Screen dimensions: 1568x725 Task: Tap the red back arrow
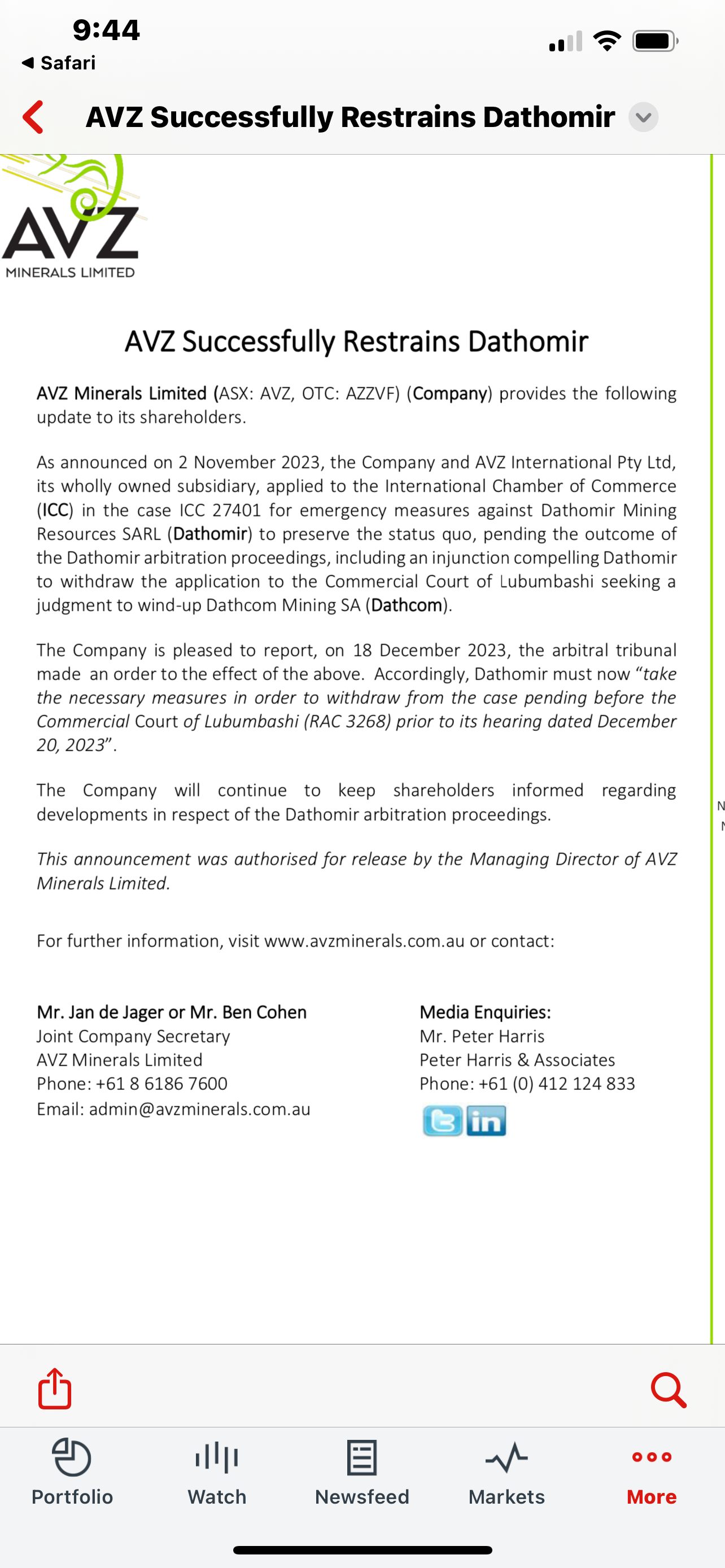point(33,117)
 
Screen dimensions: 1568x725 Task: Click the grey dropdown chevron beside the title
point(643,117)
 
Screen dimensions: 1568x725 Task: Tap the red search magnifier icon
point(669,1390)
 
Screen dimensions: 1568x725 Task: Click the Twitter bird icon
point(442,1120)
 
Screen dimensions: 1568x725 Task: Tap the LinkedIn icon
point(486,1120)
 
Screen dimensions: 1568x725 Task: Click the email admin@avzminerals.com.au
point(200,1109)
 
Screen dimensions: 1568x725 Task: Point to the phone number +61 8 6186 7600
point(161,1084)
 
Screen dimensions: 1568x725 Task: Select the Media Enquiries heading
point(485,1012)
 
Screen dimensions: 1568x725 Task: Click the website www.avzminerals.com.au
point(364,941)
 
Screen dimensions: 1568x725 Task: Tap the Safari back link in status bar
point(60,63)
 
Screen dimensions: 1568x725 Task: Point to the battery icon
point(655,41)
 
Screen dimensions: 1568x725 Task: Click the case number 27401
point(236,510)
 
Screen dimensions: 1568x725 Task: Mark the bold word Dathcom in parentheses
point(407,606)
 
